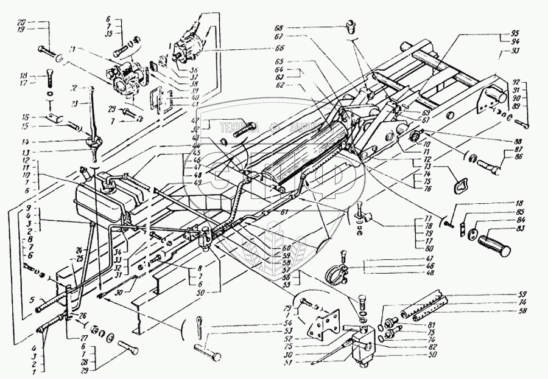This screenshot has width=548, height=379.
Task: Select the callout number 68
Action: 294,27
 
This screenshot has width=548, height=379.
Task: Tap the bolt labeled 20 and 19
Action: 50,49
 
